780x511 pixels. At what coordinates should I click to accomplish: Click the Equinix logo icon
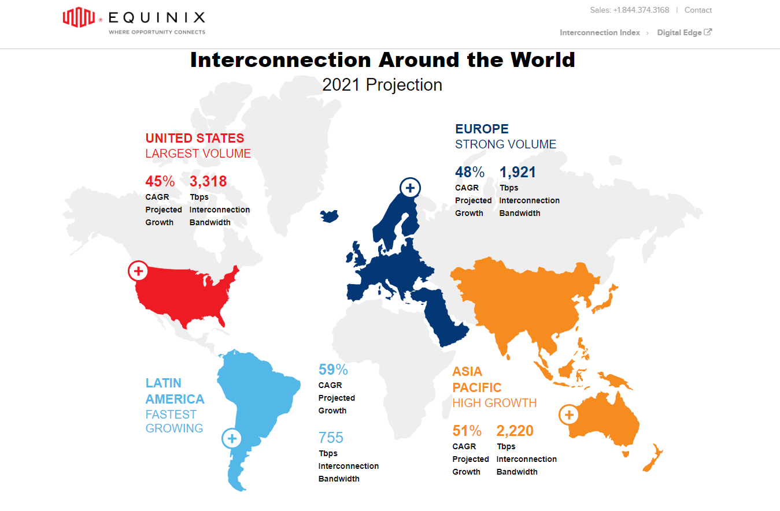[79, 18]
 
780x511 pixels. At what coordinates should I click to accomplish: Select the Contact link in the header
[698, 10]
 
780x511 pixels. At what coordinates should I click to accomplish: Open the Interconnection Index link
[600, 33]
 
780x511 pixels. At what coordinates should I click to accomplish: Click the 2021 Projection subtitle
[382, 85]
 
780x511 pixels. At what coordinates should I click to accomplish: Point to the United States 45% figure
[160, 182]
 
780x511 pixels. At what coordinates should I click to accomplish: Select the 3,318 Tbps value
[208, 182]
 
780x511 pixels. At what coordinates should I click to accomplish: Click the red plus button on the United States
[138, 270]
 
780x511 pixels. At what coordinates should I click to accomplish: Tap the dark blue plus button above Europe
[410, 188]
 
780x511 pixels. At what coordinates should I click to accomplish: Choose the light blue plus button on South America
[232, 439]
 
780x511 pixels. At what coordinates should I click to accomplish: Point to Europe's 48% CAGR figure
[470, 172]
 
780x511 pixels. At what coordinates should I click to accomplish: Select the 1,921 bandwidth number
[517, 172]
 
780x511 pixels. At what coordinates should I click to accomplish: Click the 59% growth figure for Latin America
[333, 370]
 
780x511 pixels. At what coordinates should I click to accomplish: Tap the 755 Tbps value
[331, 438]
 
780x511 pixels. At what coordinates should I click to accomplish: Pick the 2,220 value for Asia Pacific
[515, 431]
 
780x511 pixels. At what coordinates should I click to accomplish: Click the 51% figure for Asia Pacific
[467, 431]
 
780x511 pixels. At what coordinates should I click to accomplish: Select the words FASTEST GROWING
[174, 422]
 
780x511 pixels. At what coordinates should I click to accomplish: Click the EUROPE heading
[482, 129]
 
